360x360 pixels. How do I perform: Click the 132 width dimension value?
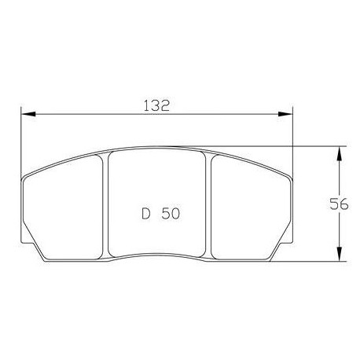[x=157, y=105]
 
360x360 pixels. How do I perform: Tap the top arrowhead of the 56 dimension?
[x=340, y=150]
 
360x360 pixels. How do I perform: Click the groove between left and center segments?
[x=105, y=204]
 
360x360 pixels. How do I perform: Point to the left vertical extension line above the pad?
[x=21, y=141]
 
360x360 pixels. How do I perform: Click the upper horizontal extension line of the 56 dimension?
[x=314, y=145]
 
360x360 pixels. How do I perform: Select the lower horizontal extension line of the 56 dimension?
[x=314, y=261]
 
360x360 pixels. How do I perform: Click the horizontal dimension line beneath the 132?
[x=94, y=116]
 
